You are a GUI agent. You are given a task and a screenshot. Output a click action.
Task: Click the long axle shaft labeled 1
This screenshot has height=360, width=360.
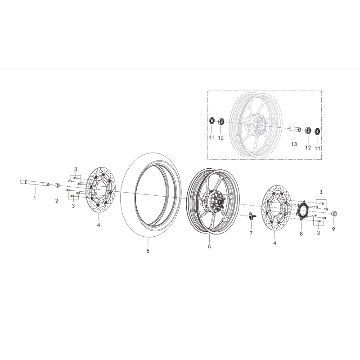click(x=34, y=183)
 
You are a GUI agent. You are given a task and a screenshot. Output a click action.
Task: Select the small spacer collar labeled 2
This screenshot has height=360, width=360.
click(x=57, y=186)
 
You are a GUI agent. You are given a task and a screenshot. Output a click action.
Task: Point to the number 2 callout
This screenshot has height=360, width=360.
click(x=57, y=201)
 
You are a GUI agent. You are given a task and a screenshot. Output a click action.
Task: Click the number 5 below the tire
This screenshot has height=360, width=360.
click(x=148, y=251)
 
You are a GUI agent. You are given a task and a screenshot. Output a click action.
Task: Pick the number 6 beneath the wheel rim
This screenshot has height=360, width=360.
click(x=209, y=247)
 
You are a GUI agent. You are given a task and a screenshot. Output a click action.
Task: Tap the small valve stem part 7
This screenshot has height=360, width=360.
click(x=251, y=217)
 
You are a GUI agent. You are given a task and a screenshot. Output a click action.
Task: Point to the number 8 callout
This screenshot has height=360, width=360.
click(x=301, y=234)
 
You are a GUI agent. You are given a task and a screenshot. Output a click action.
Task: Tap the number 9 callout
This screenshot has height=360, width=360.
click(x=333, y=229)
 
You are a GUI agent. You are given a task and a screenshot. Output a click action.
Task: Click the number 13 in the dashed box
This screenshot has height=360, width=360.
click(x=294, y=144)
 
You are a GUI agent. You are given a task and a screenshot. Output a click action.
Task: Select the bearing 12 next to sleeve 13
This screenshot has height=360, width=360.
click(x=308, y=131)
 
